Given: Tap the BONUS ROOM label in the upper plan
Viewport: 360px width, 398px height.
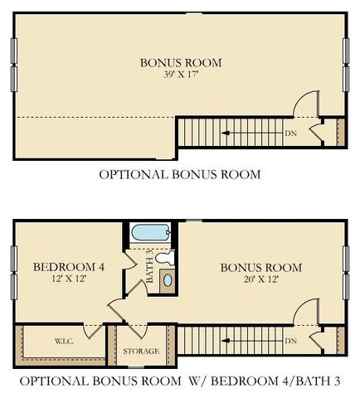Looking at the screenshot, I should (181, 62).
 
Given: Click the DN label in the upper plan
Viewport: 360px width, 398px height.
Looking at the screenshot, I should (291, 132).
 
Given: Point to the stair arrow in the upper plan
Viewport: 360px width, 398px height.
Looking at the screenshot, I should (249, 132).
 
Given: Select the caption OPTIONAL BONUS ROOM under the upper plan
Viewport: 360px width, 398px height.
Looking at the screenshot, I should (180, 174).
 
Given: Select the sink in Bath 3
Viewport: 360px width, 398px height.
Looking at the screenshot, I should (168, 279).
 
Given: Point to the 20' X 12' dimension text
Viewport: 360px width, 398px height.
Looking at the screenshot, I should (260, 280).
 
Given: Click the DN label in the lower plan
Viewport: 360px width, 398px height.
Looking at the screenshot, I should (291, 341).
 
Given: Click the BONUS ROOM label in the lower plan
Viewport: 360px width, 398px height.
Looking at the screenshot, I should (260, 267).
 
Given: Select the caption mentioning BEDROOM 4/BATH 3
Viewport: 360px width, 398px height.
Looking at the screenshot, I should (180, 382).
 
